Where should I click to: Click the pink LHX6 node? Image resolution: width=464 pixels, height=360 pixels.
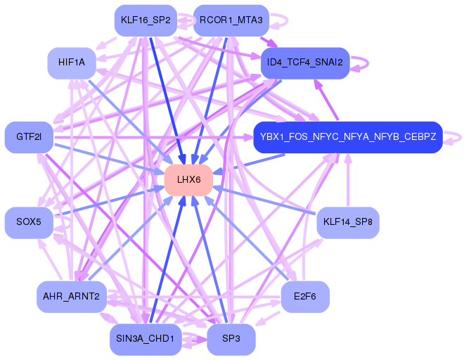pyautogui.click(x=189, y=180)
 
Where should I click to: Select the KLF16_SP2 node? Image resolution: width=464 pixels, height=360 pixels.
pyautogui.click(x=146, y=20)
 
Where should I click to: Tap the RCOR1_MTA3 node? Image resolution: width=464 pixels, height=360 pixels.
pyautogui.click(x=231, y=20)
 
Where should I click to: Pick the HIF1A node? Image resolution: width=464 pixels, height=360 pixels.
pyautogui.click(x=72, y=63)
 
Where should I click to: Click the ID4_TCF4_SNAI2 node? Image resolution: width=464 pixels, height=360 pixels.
pyautogui.click(x=305, y=63)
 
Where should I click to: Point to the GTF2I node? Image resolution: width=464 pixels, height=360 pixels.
pyautogui.click(x=29, y=137)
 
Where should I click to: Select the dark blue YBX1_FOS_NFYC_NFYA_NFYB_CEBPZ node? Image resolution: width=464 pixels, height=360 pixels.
pyautogui.click(x=348, y=137)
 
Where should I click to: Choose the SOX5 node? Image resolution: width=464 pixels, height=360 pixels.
pyautogui.click(x=29, y=222)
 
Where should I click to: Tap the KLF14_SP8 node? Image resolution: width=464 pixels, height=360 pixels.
pyautogui.click(x=348, y=222)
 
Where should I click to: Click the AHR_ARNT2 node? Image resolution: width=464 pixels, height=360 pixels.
pyautogui.click(x=71, y=296)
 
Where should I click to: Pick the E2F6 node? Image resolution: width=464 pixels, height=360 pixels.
pyautogui.click(x=305, y=296)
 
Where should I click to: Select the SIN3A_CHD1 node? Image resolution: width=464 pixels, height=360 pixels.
pyautogui.click(x=146, y=339)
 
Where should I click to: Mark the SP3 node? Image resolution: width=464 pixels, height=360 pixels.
pyautogui.click(x=231, y=339)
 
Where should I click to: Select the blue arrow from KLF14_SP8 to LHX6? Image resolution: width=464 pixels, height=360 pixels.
pyautogui.click(x=264, y=200)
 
